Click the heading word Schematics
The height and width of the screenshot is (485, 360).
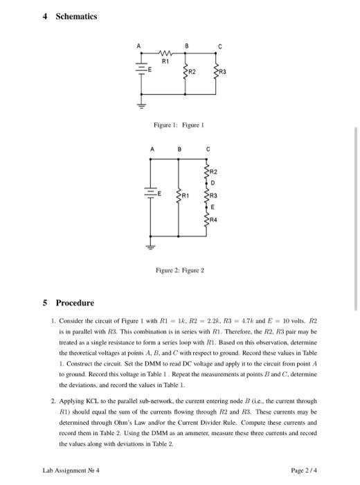[x=78, y=16]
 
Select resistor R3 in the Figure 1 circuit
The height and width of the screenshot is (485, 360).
[x=219, y=71]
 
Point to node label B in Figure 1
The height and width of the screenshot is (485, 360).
[x=186, y=46]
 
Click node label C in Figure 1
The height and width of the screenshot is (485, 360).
[x=219, y=46]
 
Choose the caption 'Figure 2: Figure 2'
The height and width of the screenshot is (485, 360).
[x=179, y=269]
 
